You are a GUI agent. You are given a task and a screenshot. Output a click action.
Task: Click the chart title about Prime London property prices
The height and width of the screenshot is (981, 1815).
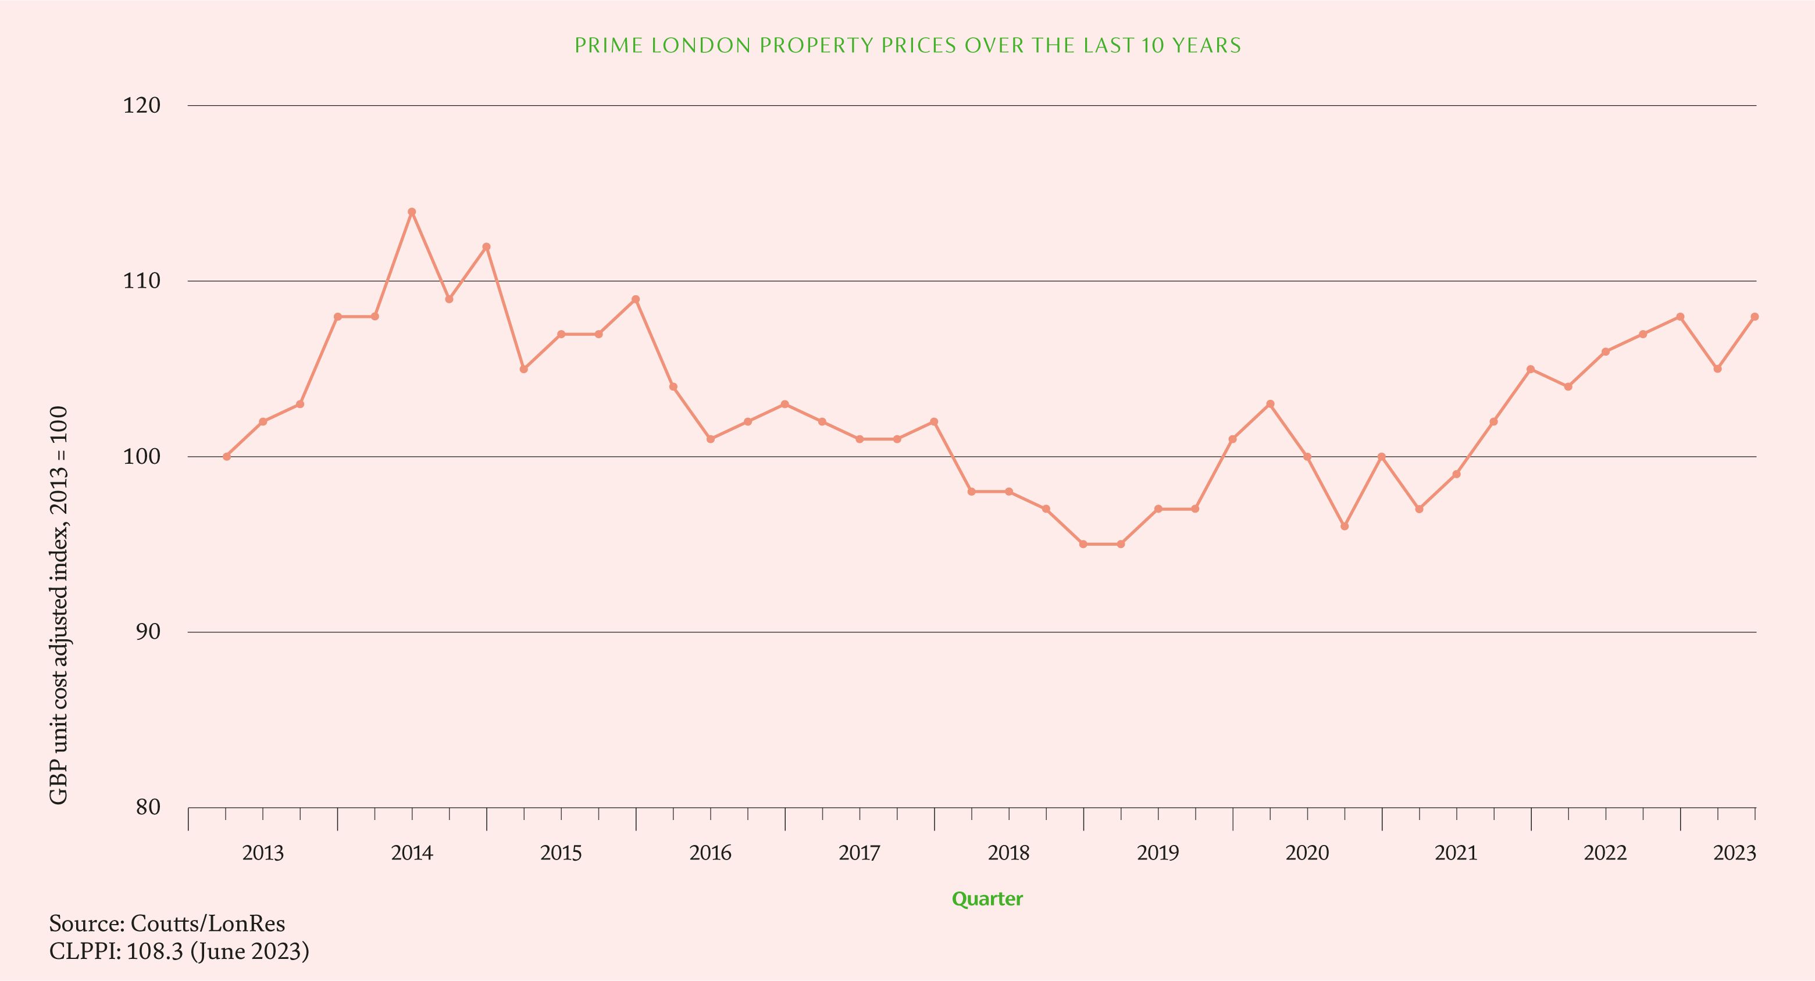(907, 46)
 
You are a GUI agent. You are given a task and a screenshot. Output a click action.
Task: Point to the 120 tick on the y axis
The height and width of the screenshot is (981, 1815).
(142, 106)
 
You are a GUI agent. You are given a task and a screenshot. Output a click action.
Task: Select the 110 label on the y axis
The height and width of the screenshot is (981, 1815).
(142, 281)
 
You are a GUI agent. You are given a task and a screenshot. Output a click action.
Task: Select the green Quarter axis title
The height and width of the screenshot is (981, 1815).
(986, 899)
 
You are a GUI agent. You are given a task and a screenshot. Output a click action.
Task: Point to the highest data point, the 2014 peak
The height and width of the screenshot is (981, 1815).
(412, 212)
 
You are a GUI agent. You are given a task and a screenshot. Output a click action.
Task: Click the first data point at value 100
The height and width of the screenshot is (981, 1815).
(226, 456)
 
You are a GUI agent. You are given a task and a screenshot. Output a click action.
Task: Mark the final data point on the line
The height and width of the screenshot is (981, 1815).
(1755, 317)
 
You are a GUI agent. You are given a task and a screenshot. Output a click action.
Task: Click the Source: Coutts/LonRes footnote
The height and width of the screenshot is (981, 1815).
(167, 923)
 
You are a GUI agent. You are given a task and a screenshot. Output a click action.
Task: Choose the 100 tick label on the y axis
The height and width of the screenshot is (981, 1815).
(142, 456)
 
